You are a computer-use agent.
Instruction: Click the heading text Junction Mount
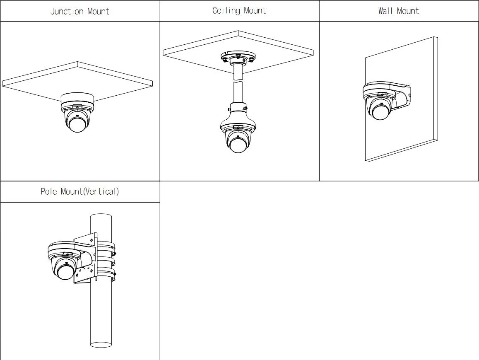click(80, 11)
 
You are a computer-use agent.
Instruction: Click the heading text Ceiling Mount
click(239, 10)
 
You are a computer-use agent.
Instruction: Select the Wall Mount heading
click(398, 11)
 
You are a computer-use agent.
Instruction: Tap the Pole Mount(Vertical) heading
click(80, 191)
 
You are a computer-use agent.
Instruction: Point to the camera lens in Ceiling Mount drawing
click(238, 145)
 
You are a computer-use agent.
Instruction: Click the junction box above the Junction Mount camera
click(77, 99)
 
